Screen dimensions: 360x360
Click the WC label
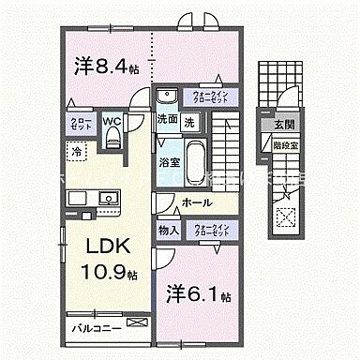point(111,120)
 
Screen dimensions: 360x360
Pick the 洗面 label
point(167,121)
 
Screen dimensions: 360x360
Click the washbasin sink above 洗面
point(168,97)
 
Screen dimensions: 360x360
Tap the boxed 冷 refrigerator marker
point(74,150)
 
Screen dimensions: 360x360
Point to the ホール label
point(196,202)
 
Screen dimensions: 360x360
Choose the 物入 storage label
point(168,230)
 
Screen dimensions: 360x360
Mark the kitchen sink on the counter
point(104,199)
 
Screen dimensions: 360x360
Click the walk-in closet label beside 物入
point(212,230)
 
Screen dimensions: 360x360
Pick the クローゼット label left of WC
point(80,127)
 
